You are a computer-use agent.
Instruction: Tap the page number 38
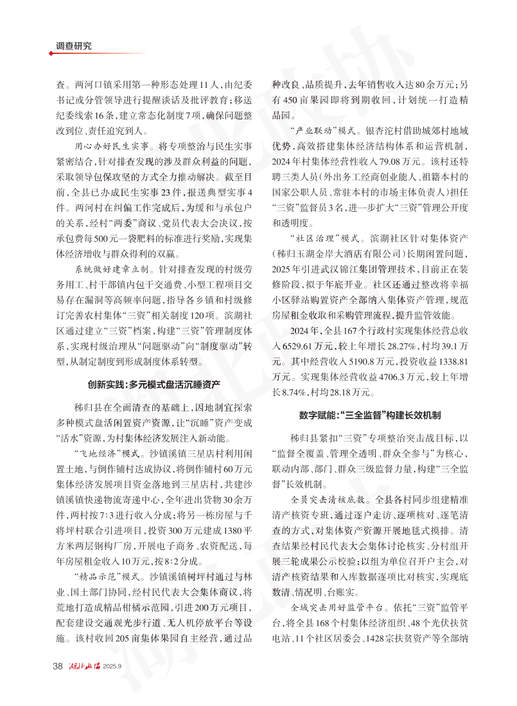[57, 665]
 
